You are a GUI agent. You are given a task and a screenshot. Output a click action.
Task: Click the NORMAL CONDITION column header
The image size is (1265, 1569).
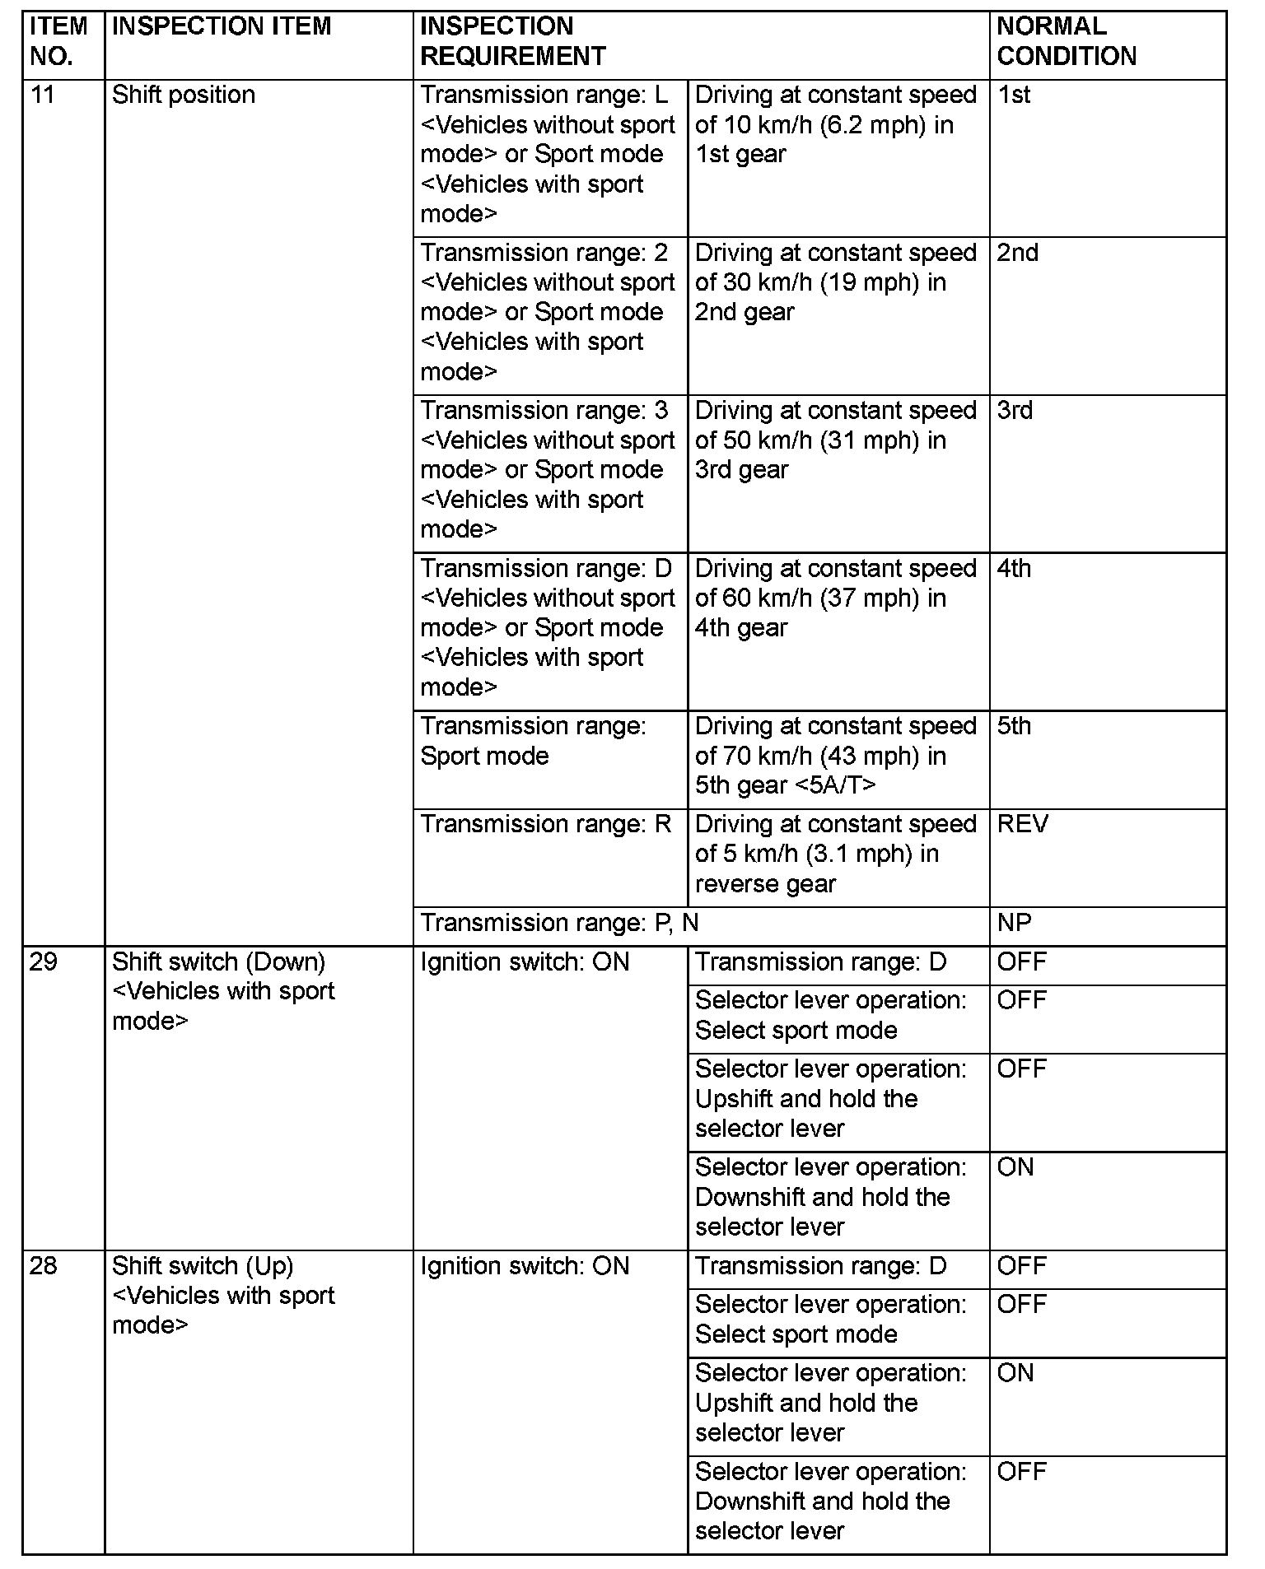pyautogui.click(x=1066, y=41)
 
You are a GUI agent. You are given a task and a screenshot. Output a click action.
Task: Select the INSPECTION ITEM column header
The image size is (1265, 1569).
pyautogui.click(x=222, y=26)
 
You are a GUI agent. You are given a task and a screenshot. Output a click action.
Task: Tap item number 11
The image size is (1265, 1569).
pyautogui.click(x=42, y=95)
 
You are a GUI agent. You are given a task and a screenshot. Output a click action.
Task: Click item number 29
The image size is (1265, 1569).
pyautogui.click(x=43, y=961)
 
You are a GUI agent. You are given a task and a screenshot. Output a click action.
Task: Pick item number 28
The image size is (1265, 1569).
pyautogui.click(x=43, y=1265)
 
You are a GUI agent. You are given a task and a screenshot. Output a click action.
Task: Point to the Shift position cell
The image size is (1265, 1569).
pyautogui.click(x=184, y=95)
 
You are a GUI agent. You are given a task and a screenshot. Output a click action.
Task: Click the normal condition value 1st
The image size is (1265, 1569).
pyautogui.click(x=1014, y=95)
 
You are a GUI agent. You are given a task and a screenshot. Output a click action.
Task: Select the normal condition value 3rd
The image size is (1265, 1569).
pyautogui.click(x=1015, y=410)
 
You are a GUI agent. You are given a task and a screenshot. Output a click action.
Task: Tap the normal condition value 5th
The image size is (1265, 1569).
pyautogui.click(x=1014, y=726)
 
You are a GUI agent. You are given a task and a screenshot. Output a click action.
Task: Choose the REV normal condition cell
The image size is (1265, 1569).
pyautogui.click(x=1022, y=824)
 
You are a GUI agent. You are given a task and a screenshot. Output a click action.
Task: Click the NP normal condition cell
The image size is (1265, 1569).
pyautogui.click(x=1014, y=923)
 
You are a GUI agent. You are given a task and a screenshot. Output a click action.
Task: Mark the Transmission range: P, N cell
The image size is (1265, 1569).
pyautogui.click(x=559, y=923)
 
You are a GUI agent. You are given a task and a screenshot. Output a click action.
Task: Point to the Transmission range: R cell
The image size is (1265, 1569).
pyautogui.click(x=546, y=824)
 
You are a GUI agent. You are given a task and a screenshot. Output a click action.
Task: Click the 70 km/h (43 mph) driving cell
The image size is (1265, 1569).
pyautogui.click(x=836, y=756)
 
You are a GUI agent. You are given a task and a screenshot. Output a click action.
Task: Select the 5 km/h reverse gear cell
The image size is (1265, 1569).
pyautogui.click(x=836, y=854)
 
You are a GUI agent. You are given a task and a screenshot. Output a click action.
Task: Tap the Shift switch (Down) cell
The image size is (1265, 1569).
pyautogui.click(x=223, y=991)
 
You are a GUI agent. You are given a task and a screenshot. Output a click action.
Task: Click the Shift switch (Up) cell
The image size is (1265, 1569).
pyautogui.click(x=223, y=1295)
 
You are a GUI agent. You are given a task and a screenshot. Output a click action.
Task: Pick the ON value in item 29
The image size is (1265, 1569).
pyautogui.click(x=1015, y=1167)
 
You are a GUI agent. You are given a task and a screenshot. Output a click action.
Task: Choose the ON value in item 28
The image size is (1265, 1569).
pyautogui.click(x=1015, y=1373)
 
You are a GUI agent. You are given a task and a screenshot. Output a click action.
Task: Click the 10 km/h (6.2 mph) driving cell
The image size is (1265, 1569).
pyautogui.click(x=836, y=124)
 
